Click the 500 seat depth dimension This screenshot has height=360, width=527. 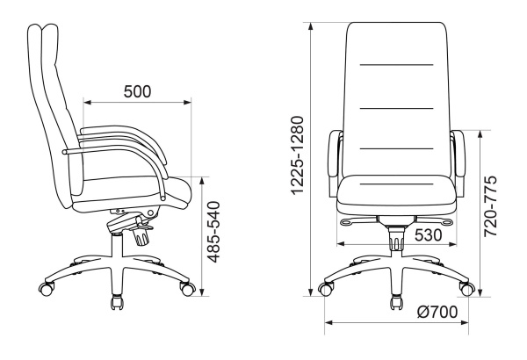coord(138,91)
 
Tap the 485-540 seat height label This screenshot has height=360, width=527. coord(213,232)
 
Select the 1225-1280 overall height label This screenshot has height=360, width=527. coord(298,155)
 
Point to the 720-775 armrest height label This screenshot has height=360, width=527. coord(490,205)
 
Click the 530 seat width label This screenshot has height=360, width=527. coord(429,235)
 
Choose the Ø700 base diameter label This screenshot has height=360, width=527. coord(437,312)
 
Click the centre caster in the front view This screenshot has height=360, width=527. coord(397,302)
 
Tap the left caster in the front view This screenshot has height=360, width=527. coord(326,289)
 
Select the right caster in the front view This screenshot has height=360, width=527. coord(467,289)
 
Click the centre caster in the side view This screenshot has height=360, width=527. coord(117,302)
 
